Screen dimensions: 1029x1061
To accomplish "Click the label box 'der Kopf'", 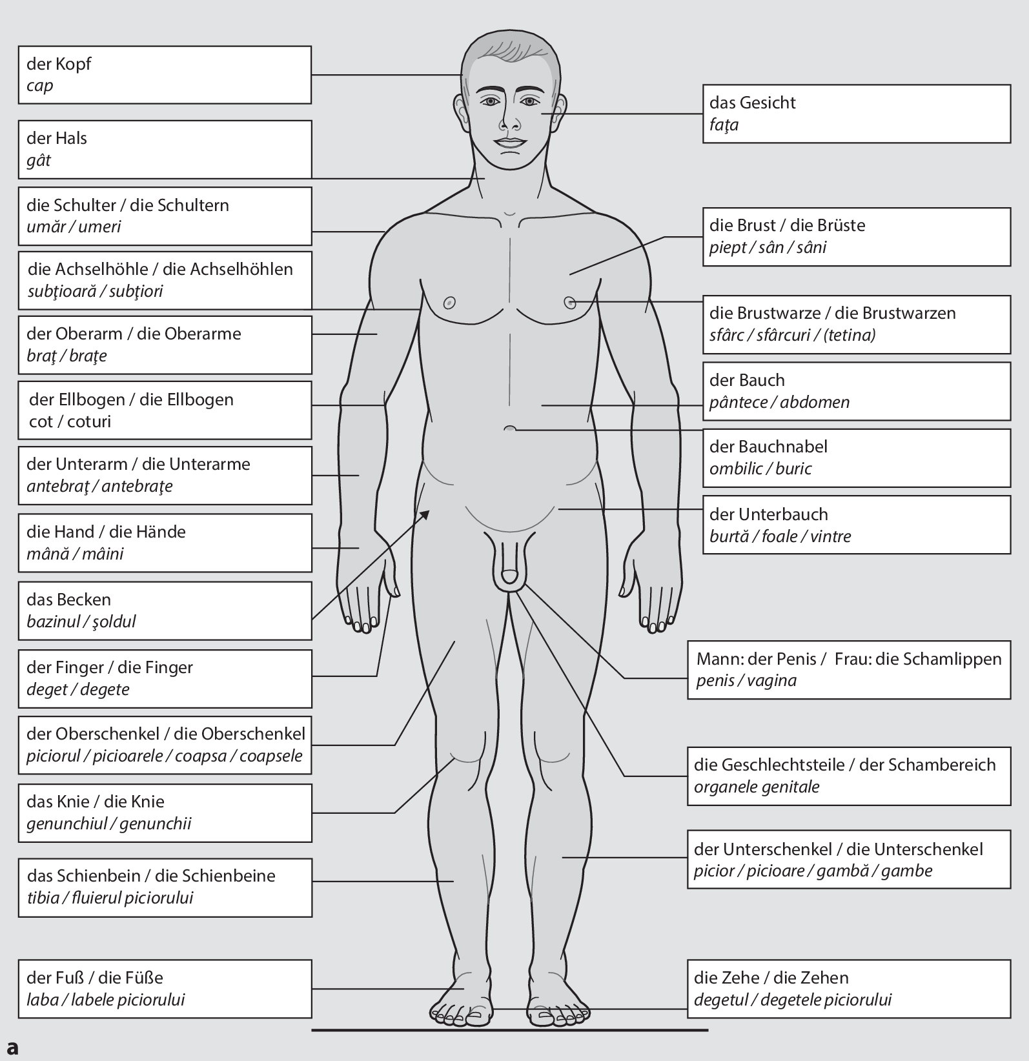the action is [x=165, y=75].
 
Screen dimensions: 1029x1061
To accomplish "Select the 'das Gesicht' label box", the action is [x=856, y=114].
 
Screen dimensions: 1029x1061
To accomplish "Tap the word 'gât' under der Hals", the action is [x=39, y=160].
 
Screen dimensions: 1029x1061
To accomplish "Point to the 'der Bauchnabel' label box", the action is [x=856, y=458].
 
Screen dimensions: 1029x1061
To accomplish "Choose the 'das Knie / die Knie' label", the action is [x=165, y=813].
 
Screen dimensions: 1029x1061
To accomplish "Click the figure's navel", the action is [x=510, y=429].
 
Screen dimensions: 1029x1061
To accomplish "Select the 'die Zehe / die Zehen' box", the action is [x=848, y=989].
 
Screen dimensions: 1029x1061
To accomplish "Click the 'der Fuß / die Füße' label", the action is [x=165, y=989].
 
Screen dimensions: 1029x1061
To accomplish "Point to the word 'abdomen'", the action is [x=815, y=403].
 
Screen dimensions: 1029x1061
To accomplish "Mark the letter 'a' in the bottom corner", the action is [x=12, y=1047].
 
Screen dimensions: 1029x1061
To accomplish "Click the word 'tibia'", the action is [x=43, y=898].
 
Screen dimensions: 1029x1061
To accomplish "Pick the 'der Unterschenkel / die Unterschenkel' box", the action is [x=848, y=860].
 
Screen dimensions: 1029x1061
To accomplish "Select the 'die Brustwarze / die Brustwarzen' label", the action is [x=856, y=324].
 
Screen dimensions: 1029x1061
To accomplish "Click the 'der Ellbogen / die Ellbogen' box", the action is [x=165, y=410].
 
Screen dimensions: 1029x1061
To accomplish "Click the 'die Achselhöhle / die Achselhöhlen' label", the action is [x=165, y=280].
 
